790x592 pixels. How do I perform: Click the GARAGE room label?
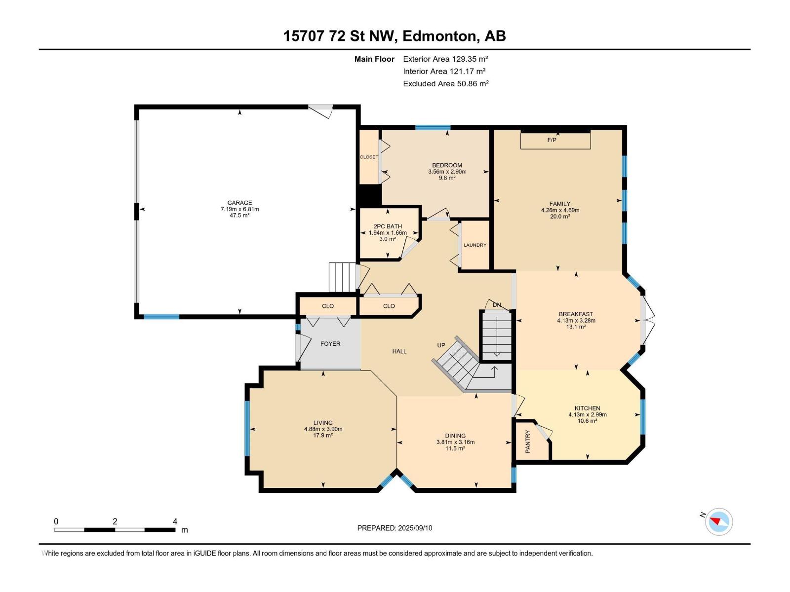tap(239, 203)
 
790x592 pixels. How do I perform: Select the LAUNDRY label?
tap(474, 245)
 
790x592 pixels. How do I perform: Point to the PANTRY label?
tap(528, 441)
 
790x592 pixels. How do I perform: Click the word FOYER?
tap(330, 344)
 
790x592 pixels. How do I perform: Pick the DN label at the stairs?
tap(497, 305)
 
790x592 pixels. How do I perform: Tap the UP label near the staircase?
tap(441, 345)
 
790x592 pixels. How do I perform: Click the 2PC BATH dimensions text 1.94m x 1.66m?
tap(388, 232)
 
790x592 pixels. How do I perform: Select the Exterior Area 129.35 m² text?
tap(445, 59)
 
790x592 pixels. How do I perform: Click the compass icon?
tap(719, 521)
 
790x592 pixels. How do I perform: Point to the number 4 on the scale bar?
tap(175, 521)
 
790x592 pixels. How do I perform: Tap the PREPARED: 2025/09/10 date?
tap(395, 528)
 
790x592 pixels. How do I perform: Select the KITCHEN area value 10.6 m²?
tap(588, 420)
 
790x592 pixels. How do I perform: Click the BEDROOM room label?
tap(447, 165)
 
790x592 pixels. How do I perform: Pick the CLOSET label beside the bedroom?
tap(369, 157)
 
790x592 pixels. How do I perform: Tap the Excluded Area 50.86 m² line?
tap(445, 84)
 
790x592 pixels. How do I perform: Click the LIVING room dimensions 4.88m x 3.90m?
tap(323, 429)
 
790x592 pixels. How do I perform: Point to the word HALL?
tap(399, 351)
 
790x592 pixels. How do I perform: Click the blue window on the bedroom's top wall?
tap(433, 127)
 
